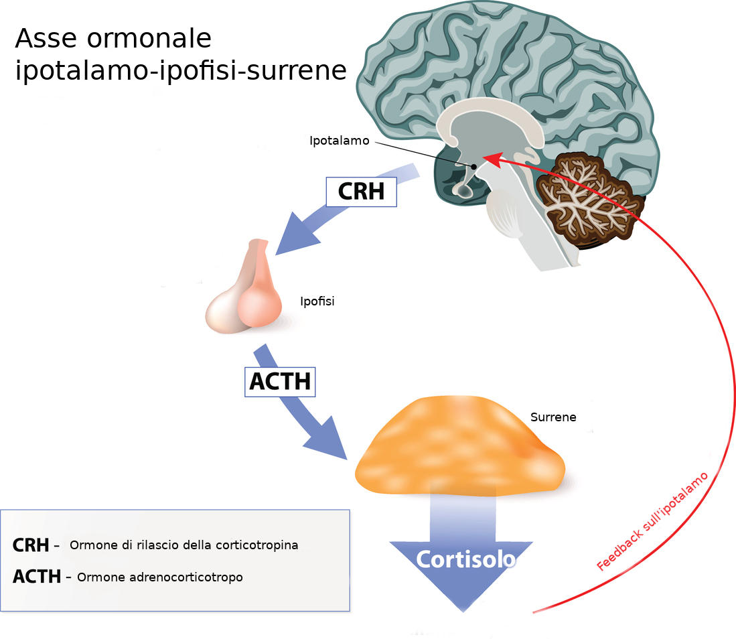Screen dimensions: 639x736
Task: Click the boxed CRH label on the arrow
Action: (361, 192)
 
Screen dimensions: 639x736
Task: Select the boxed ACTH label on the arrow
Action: (279, 381)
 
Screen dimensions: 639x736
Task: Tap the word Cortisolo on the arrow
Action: (466, 560)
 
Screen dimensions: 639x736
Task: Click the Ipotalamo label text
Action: (339, 141)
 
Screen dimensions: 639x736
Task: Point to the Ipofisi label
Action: (317, 301)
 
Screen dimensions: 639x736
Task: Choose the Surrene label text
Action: (553, 417)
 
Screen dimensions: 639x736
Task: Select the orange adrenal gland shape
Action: (459, 445)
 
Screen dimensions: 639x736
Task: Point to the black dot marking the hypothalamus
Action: (473, 166)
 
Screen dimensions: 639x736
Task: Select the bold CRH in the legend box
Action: (30, 545)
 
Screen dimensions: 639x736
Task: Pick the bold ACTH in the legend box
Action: (36, 576)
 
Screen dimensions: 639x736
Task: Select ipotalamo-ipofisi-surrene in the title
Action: (181, 70)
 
